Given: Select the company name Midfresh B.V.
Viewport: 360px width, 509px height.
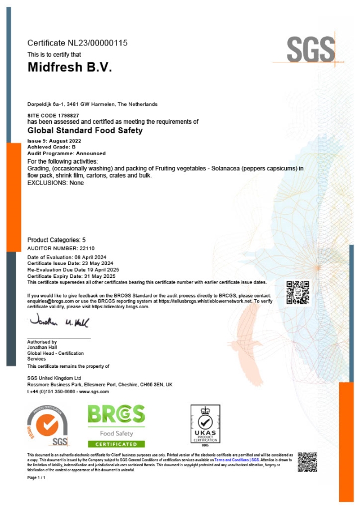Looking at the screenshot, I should click(70, 67).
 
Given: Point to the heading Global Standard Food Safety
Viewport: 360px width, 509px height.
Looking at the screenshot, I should click(85, 130).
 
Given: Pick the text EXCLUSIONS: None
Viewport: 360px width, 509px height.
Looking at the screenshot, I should click(55, 183).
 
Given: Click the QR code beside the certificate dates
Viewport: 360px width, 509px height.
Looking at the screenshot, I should click(298, 292).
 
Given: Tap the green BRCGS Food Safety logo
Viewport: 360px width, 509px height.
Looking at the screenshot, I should click(116, 425).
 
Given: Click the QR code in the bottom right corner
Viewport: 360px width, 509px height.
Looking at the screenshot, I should click(307, 461).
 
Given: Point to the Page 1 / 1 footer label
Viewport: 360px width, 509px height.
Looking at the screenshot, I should click(37, 478).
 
